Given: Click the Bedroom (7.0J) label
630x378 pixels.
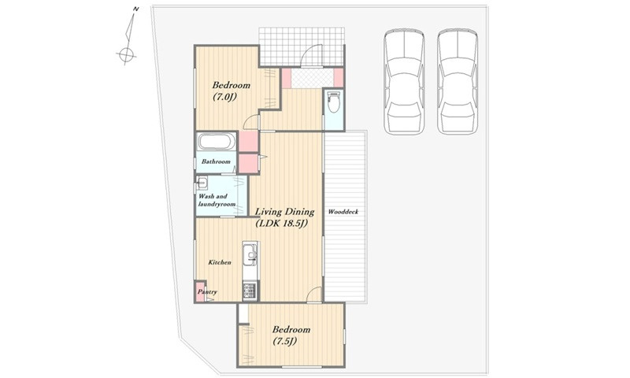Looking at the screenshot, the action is tap(231, 91).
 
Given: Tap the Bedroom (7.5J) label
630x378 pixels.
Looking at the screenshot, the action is tap(291, 335).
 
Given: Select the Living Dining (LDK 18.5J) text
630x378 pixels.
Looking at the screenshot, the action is tap(284, 217).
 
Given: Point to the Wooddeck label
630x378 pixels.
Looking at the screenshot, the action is tap(343, 212).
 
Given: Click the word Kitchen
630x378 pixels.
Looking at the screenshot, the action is tap(220, 262).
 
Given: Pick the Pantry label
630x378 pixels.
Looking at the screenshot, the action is tap(207, 292).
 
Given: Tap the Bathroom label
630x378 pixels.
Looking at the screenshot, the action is tap(216, 161).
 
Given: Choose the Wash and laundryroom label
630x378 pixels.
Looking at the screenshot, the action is tap(217, 200).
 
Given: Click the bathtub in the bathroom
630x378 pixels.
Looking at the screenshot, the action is tap(217, 142).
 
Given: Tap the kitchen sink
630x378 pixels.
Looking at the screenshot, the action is tap(250, 254).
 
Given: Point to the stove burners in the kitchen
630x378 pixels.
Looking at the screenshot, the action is tap(250, 291).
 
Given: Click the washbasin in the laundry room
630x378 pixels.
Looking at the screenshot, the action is tap(202, 183).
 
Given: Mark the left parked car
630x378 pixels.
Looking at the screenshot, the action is tap(404, 82).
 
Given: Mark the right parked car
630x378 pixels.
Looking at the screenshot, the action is tap(458, 82).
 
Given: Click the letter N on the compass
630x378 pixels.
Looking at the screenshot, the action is tap(136, 9).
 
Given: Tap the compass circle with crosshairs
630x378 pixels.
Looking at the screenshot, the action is tap(126, 54).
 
